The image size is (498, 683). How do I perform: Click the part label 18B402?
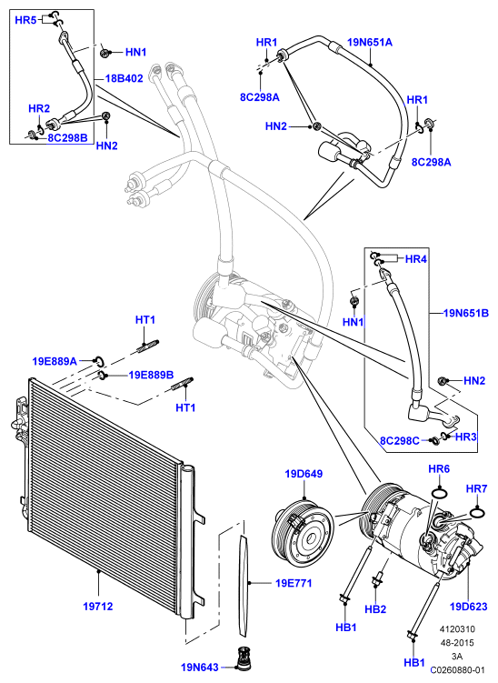click(124, 79)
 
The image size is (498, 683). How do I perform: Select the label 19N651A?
click(370, 42)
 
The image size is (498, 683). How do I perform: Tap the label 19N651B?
click(466, 313)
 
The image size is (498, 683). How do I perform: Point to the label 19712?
click(98, 606)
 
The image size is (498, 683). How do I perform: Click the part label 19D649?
click(304, 474)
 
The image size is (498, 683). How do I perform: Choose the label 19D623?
click(468, 606)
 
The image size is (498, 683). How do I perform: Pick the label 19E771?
click(294, 583)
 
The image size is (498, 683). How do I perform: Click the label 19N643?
click(200, 668)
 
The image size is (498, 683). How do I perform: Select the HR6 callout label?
click(439, 468)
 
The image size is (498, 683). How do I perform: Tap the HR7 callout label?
click(477, 488)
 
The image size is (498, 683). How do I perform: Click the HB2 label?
click(375, 609)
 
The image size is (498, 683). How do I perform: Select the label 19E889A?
click(55, 361)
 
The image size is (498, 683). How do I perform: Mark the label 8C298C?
click(400, 441)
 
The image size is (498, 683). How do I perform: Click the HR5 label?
click(25, 20)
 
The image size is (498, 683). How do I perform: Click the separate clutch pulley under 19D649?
click(302, 533)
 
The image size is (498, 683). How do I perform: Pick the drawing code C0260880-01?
click(457, 670)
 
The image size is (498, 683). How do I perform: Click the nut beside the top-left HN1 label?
click(105, 53)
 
